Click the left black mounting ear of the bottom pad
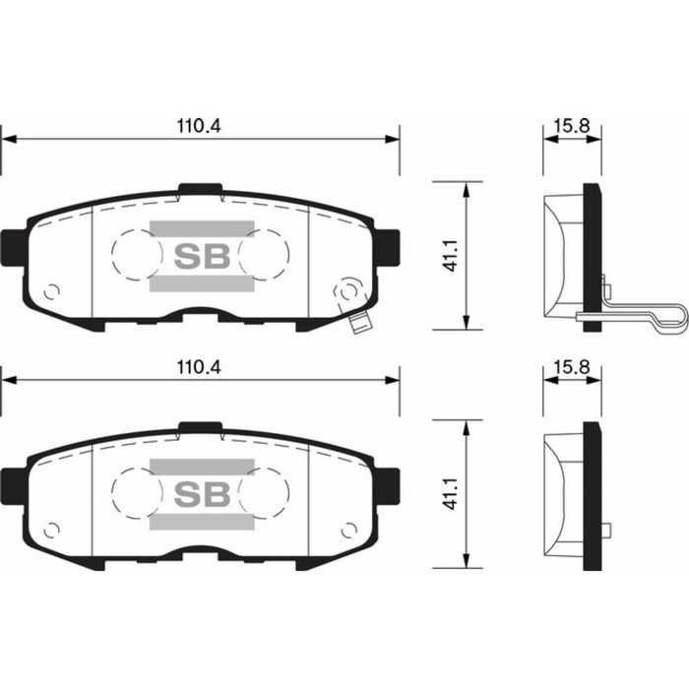pos(12,484)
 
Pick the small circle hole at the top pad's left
pos(53,291)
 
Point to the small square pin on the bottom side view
pos(606,531)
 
